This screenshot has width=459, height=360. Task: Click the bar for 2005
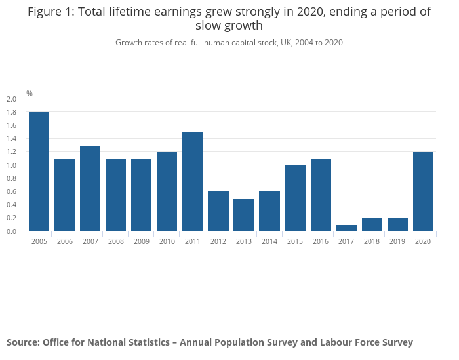pyautogui.click(x=39, y=172)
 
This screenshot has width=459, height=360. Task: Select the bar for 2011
pyautogui.click(x=193, y=182)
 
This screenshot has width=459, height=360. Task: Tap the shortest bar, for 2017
pyautogui.click(x=346, y=228)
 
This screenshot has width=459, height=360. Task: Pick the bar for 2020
pyautogui.click(x=423, y=191)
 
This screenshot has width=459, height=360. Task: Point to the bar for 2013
pyautogui.click(x=244, y=214)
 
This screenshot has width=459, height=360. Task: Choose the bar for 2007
pyautogui.click(x=90, y=188)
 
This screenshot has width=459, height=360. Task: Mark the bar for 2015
pyautogui.click(x=295, y=198)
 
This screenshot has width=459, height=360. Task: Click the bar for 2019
pyautogui.click(x=397, y=224)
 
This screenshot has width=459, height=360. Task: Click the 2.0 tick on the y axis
pyautogui.click(x=11, y=99)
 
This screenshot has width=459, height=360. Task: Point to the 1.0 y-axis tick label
pyautogui.click(x=11, y=165)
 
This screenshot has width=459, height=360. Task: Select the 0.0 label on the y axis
pyautogui.click(x=11, y=231)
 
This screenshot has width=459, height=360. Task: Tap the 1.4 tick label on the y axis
pyautogui.click(x=11, y=139)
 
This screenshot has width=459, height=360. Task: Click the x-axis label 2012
pyautogui.click(x=218, y=241)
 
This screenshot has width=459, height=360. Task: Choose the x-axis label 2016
pyautogui.click(x=321, y=241)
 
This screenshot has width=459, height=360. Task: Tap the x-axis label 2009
pyautogui.click(x=141, y=241)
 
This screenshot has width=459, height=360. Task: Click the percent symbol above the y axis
pyautogui.click(x=30, y=94)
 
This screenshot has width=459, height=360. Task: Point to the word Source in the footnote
pyautogui.click(x=22, y=342)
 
